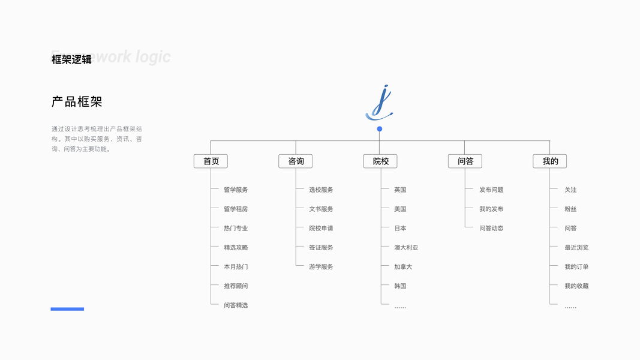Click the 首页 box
click(x=211, y=161)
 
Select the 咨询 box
click(x=295, y=161)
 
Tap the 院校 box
click(x=380, y=161)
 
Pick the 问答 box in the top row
click(x=465, y=161)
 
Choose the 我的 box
click(x=549, y=161)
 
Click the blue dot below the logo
click(x=380, y=129)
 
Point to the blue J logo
click(x=380, y=103)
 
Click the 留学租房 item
click(x=236, y=209)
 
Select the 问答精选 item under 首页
click(x=236, y=305)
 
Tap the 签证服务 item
click(x=321, y=247)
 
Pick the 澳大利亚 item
click(x=406, y=247)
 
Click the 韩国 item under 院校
click(x=400, y=286)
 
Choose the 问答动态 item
click(x=491, y=228)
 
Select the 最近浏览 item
click(x=576, y=247)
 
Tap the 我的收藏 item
click(x=576, y=286)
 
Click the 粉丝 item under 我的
click(x=570, y=209)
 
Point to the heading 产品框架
click(x=77, y=102)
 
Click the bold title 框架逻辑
click(x=71, y=59)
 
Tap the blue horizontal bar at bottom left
click(x=67, y=309)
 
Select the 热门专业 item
click(x=236, y=228)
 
